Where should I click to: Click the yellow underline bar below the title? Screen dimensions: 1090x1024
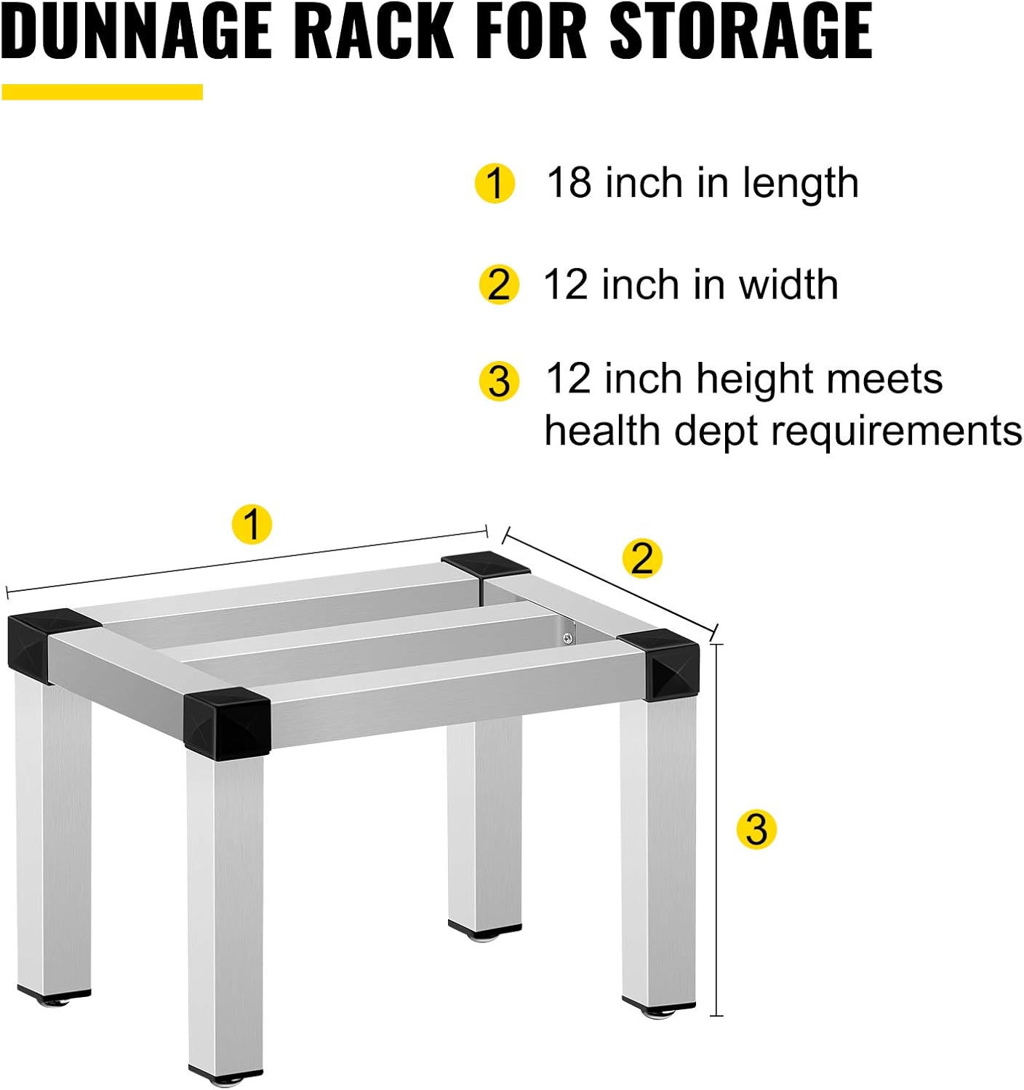tap(102, 92)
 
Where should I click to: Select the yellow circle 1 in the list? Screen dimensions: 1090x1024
tap(495, 183)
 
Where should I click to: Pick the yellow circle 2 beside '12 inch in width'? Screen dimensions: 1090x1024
tap(499, 284)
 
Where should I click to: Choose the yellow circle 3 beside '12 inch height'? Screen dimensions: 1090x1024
tap(499, 381)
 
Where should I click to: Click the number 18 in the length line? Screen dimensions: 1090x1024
tap(569, 182)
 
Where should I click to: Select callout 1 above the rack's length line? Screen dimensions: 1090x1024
tap(252, 524)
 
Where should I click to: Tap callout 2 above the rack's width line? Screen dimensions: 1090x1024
tap(642, 559)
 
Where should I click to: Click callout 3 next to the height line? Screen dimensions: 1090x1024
tap(756, 829)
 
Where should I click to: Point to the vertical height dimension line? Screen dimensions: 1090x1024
tap(717, 828)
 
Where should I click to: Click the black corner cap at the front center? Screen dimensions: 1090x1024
tap(227, 719)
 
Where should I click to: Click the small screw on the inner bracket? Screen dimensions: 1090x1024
tap(567, 639)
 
